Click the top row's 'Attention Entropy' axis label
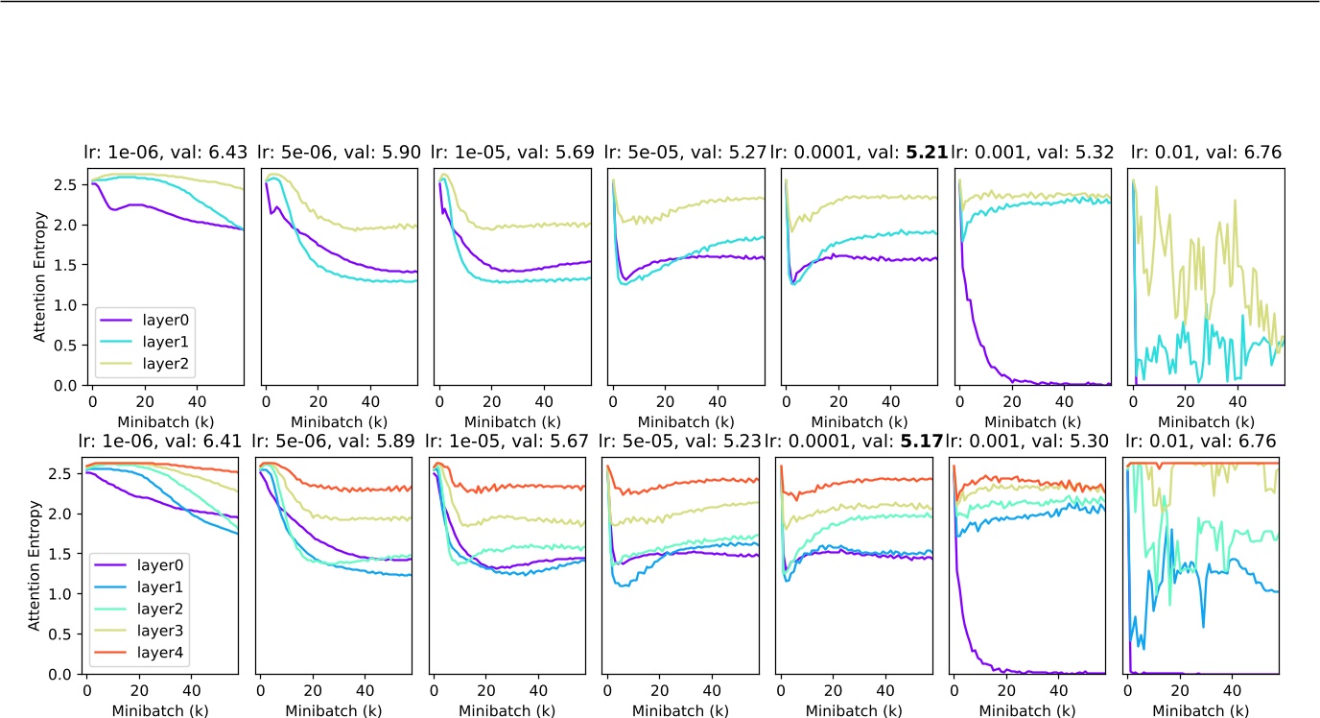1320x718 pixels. (x=39, y=276)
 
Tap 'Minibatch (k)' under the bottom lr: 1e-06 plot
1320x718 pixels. (x=161, y=711)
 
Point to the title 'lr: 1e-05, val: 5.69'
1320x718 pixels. (x=512, y=152)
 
